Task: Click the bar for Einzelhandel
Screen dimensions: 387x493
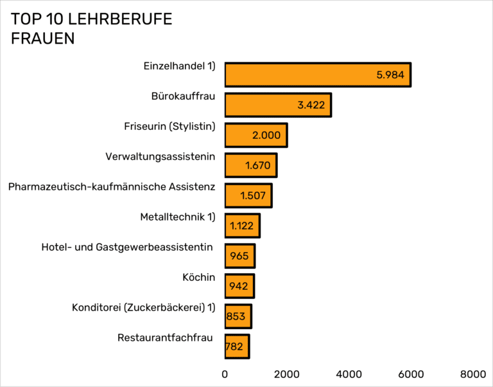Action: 317,75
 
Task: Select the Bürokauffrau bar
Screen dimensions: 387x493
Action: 277,105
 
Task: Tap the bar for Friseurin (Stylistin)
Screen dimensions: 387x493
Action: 255,135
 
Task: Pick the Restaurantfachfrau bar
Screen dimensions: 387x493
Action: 236,346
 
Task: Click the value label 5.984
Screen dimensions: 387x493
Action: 390,75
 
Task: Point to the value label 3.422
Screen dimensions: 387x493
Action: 311,105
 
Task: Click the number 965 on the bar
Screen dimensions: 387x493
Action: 239,256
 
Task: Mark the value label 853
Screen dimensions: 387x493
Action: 236,316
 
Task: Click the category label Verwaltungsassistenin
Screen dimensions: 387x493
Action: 160,156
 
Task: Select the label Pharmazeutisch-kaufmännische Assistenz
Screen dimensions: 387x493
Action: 112,186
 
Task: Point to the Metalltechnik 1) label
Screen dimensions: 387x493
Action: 177,217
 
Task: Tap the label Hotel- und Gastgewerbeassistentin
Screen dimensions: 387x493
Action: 127,247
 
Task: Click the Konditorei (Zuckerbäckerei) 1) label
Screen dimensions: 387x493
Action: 143,307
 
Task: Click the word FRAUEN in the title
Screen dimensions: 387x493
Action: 42,39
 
